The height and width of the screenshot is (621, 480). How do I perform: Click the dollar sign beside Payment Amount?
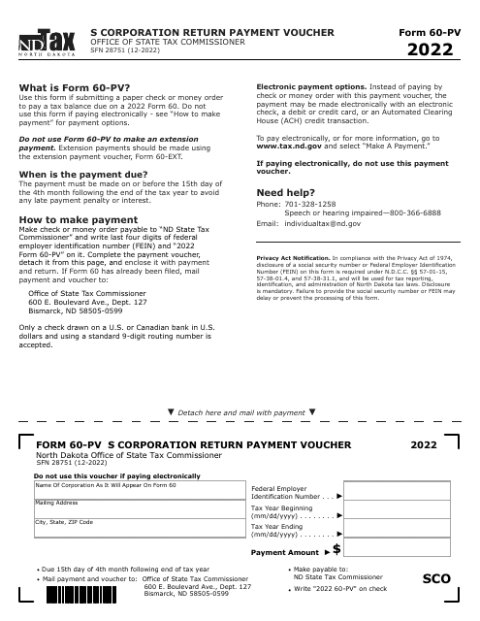[336, 550]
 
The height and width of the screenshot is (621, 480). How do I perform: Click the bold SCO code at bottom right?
[436, 579]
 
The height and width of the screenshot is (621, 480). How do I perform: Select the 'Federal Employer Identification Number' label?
[291, 492]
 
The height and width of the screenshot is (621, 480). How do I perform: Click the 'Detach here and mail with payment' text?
[242, 412]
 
